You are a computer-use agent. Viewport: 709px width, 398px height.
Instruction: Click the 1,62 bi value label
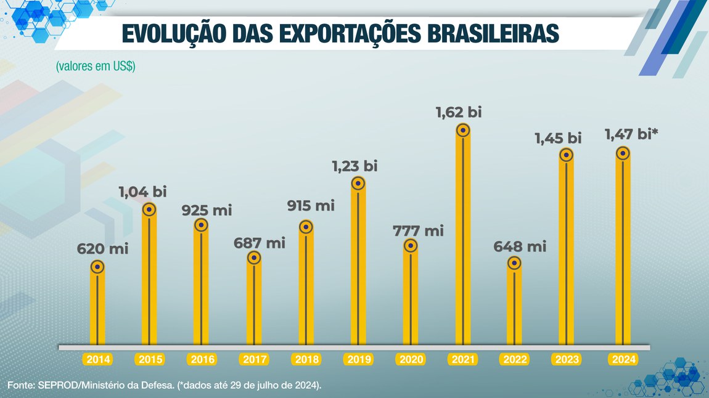click(x=457, y=113)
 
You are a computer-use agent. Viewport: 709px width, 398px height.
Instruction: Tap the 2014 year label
click(x=97, y=359)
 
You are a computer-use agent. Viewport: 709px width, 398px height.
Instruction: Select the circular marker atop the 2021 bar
click(x=462, y=130)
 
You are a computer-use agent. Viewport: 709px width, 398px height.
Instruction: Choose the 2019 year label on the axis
click(x=358, y=359)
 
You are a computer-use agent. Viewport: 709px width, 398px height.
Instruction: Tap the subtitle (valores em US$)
click(x=96, y=67)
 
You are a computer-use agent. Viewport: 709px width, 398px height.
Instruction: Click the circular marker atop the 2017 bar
click(x=254, y=258)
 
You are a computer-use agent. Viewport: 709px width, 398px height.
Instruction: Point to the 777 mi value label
click(x=418, y=232)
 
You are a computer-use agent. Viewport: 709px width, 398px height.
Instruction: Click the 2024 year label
click(x=623, y=359)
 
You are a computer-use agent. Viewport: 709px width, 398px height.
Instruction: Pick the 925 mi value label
click(x=207, y=210)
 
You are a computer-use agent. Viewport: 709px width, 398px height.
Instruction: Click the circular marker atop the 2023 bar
click(x=566, y=155)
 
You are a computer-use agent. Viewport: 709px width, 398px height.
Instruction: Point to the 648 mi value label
click(x=520, y=247)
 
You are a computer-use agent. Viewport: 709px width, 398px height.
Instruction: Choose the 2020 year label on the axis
click(x=411, y=359)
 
